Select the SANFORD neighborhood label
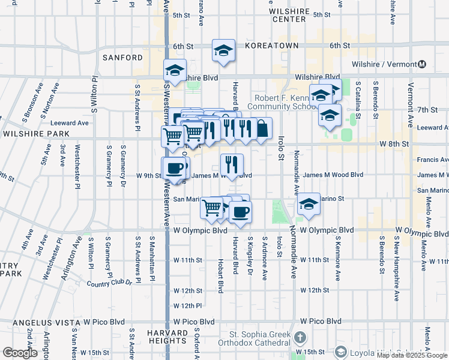[122, 58]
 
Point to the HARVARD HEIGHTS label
[170, 337]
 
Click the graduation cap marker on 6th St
[223, 51]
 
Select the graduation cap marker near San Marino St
[309, 204]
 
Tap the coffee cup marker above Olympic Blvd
[240, 211]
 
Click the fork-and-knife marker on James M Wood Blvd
[231, 164]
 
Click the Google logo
[20, 353]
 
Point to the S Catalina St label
[358, 94]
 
